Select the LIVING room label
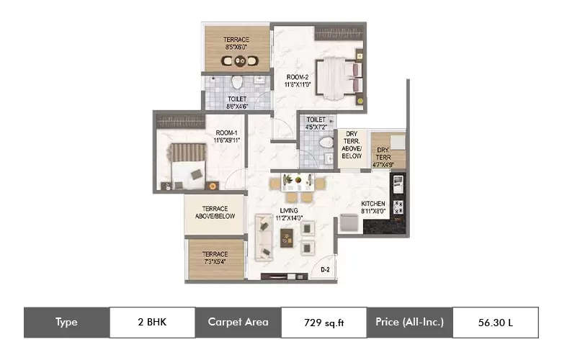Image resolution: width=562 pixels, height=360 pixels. [x=289, y=213]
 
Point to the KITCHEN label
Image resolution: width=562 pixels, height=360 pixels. [x=373, y=207]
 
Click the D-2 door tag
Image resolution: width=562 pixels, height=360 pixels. [x=325, y=270]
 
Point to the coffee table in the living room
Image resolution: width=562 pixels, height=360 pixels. [x=287, y=237]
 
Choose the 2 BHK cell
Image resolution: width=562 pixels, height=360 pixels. [x=152, y=323]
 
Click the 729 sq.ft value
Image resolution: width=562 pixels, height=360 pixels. [x=324, y=323]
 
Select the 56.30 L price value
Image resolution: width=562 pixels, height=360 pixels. [x=495, y=323]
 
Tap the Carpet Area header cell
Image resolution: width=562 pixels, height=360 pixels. [x=238, y=323]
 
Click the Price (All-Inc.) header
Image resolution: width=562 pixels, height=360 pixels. [x=409, y=323]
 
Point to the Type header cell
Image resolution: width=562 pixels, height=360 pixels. [x=66, y=323]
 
